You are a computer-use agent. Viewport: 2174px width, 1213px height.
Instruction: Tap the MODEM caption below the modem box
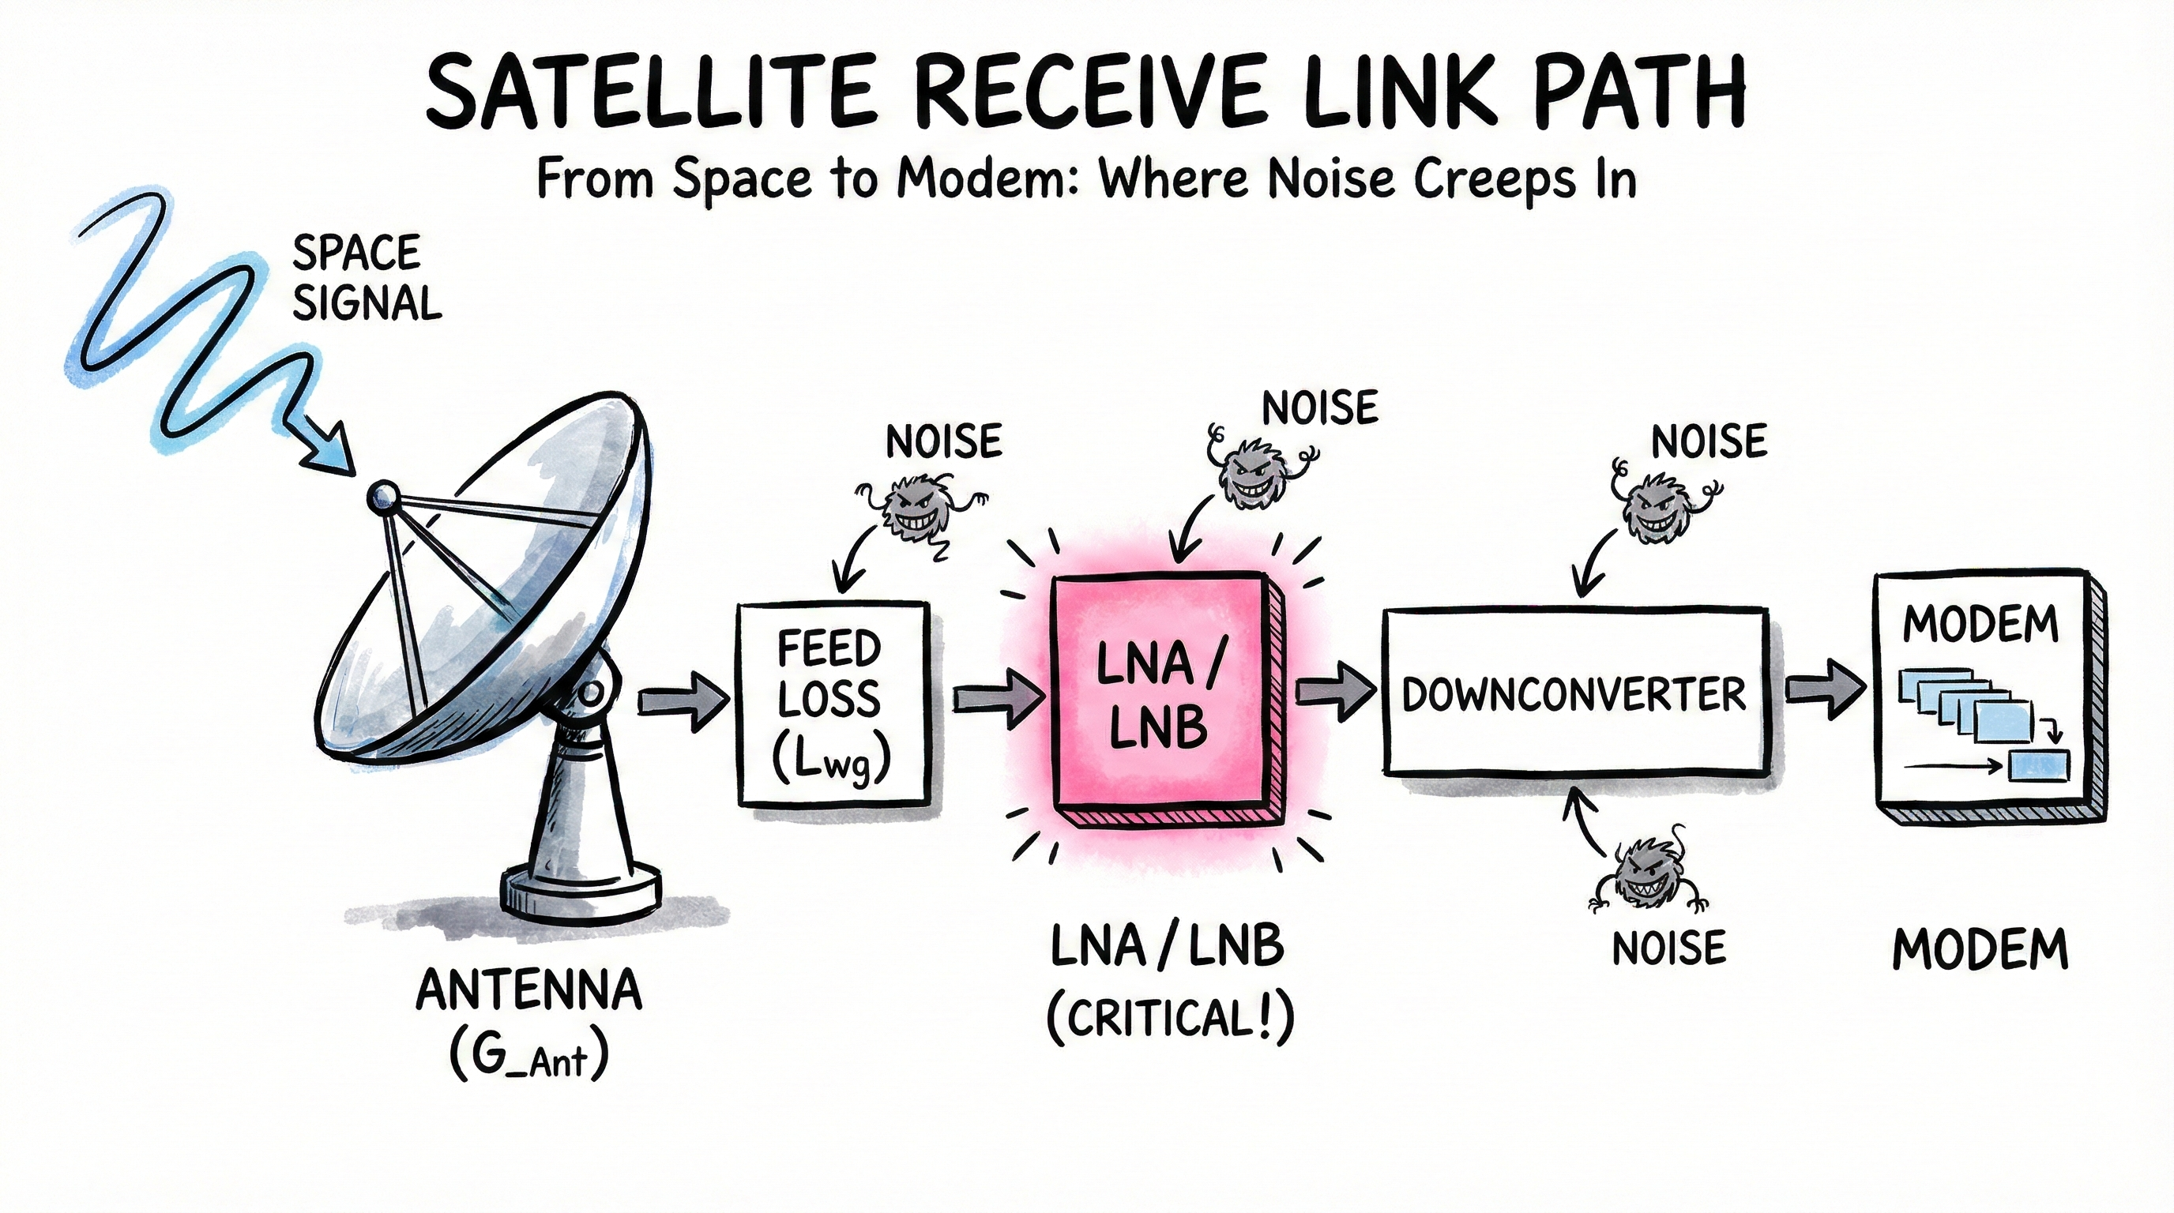point(1980,949)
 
